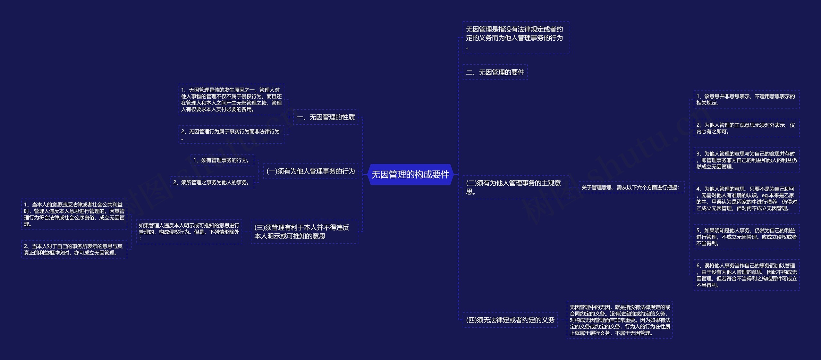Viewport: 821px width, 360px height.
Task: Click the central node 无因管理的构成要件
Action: tap(410, 174)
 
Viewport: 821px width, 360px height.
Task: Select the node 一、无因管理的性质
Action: tap(326, 117)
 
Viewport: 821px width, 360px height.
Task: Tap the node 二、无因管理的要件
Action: tap(495, 72)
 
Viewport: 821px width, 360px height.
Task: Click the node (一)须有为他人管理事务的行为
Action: tap(310, 171)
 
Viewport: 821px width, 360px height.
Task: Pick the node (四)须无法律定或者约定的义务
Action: tap(510, 320)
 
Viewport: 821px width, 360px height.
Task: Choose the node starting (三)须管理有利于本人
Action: tap(304, 232)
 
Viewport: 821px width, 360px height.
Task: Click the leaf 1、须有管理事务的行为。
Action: tap(222, 160)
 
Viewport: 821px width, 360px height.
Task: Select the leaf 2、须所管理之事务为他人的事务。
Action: tap(212, 182)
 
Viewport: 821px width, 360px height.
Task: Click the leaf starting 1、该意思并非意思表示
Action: tap(746, 100)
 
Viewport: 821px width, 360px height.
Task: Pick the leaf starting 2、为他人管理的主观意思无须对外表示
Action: tap(746, 128)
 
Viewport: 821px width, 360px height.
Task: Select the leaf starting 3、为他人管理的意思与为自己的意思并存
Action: tap(746, 160)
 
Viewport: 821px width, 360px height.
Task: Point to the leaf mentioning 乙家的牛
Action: tap(746, 198)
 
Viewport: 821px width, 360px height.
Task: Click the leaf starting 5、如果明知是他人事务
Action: tap(746, 237)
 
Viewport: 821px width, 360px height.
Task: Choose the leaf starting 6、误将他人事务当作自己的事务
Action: tap(746, 275)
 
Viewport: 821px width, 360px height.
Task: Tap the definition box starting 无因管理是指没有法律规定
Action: tap(516, 38)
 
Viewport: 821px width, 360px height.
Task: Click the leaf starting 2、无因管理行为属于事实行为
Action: tap(231, 135)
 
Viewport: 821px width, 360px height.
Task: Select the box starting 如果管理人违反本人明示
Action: tap(189, 232)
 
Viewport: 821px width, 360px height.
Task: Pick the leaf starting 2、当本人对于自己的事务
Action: tap(74, 249)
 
